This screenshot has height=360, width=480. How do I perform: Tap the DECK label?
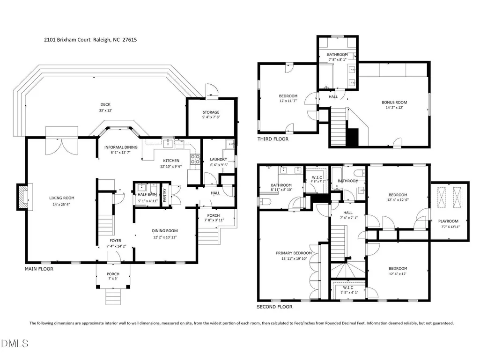tap(105, 104)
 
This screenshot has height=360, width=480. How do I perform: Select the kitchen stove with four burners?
tap(195, 159)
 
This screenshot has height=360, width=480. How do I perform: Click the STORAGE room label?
tap(211, 112)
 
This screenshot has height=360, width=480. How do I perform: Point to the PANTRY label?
tap(164, 195)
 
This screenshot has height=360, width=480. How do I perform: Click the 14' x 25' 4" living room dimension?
tap(61, 204)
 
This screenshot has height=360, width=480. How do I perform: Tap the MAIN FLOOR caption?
tap(39, 269)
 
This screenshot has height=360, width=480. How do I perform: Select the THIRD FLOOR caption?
tap(273, 139)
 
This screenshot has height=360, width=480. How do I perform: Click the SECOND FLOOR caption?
tap(274, 307)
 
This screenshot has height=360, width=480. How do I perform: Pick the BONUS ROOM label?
tap(394, 103)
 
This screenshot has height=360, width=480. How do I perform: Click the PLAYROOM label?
tap(448, 221)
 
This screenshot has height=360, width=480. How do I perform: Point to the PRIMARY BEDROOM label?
tap(294, 253)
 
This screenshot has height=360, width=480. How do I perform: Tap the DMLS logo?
tap(15, 343)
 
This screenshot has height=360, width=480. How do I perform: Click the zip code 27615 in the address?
tap(130, 39)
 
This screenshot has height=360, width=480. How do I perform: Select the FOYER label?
tap(115, 241)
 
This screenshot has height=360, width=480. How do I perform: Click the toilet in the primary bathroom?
tap(263, 201)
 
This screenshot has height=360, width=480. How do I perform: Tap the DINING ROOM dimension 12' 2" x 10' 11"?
tap(165, 237)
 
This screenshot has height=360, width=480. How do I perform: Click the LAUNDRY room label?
tap(219, 159)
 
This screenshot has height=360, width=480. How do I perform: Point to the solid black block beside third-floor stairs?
tap(353, 137)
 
